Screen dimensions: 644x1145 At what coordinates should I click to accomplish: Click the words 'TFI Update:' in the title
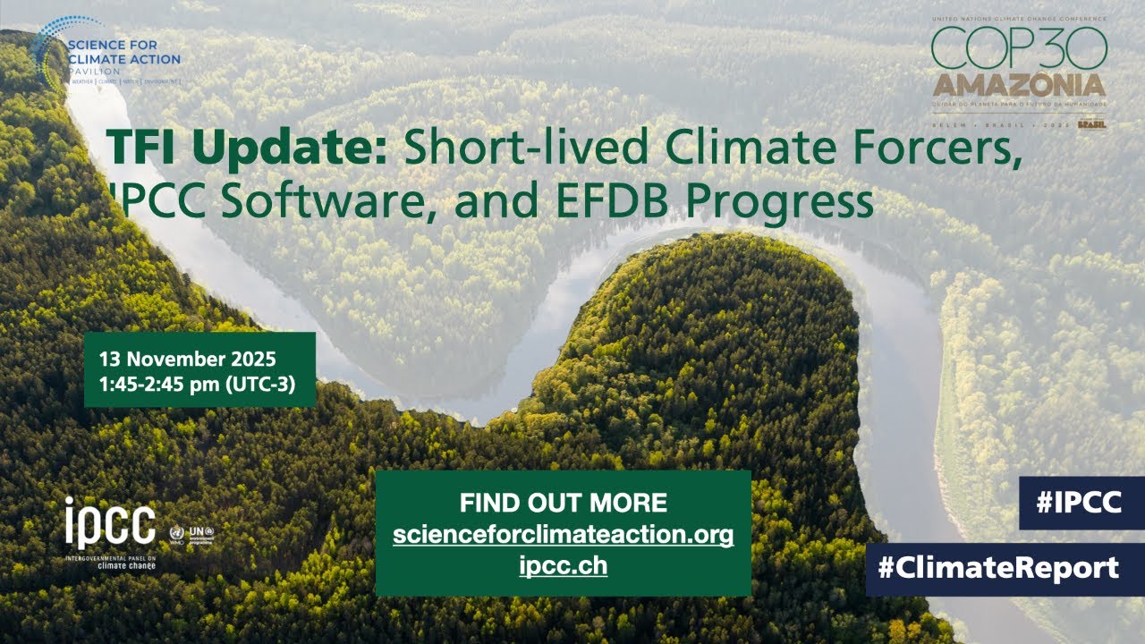pyautogui.click(x=246, y=148)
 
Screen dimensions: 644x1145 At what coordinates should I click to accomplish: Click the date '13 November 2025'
pyautogui.click(x=188, y=360)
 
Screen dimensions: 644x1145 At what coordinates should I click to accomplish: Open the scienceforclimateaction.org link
pyautogui.click(x=563, y=535)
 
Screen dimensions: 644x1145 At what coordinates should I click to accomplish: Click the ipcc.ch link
pyautogui.click(x=563, y=565)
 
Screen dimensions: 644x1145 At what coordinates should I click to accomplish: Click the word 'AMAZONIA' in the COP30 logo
pyautogui.click(x=1019, y=86)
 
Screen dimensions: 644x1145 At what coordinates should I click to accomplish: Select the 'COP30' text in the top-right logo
pyautogui.click(x=1019, y=47)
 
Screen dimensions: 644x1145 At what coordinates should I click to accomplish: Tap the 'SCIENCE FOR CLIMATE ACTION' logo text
pyautogui.click(x=124, y=52)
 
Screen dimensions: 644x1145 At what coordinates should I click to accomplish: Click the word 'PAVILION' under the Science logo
pyautogui.click(x=94, y=69)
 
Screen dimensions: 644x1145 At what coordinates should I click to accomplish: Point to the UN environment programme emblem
pyautogui.click(x=199, y=534)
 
